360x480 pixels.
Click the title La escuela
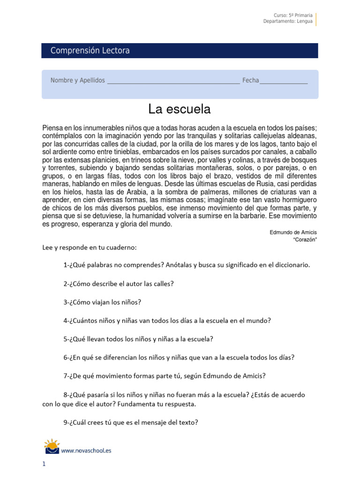[x=180, y=109]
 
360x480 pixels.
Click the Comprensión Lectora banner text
[x=90, y=51]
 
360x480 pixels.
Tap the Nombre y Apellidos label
[x=77, y=81]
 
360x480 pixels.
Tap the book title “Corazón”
[x=305, y=240]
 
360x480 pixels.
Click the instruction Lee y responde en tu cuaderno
[x=90, y=247]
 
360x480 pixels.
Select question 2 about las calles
[x=119, y=284]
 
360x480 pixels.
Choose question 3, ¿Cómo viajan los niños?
[x=102, y=302]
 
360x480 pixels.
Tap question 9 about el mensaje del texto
[x=131, y=422]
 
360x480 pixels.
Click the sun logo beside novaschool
[x=52, y=446]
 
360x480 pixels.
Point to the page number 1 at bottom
[x=44, y=465]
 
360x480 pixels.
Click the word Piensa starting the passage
[x=52, y=128]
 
